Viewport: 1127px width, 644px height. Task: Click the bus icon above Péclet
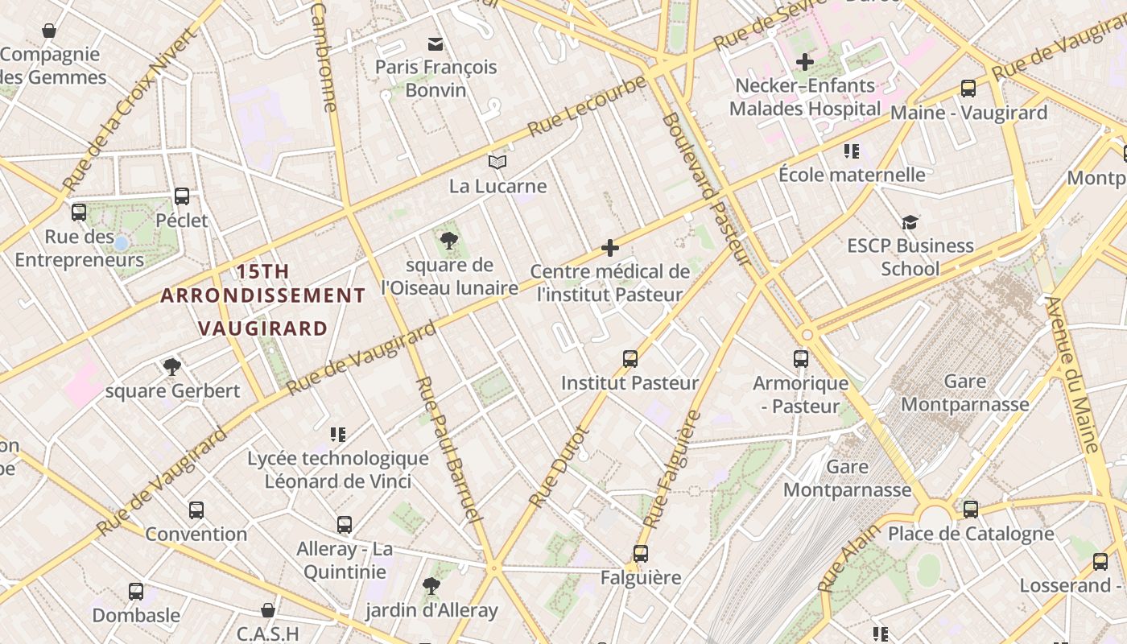[x=182, y=196]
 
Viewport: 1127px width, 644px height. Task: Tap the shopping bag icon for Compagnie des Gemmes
[x=49, y=31]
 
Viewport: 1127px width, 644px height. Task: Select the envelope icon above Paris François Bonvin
[x=436, y=43]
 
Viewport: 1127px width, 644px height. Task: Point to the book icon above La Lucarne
[x=497, y=163]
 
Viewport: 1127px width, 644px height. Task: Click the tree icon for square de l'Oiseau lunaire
[x=449, y=240]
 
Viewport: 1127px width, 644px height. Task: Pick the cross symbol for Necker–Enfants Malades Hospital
[x=804, y=61]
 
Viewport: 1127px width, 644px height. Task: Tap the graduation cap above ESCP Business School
[x=910, y=221]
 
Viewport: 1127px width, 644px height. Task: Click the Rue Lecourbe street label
[x=587, y=106]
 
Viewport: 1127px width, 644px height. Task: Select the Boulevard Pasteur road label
[x=706, y=189]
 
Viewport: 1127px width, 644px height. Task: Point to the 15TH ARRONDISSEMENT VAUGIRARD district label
[x=262, y=299]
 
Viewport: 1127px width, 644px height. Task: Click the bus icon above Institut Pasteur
[x=630, y=358]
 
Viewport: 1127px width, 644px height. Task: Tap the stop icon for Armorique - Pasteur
[x=800, y=359]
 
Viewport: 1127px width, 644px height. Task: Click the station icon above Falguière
[x=641, y=554]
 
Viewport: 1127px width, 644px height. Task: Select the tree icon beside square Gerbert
[x=171, y=367]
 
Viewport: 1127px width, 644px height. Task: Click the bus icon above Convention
[x=196, y=510]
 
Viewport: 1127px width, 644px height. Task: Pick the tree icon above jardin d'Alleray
[x=431, y=585]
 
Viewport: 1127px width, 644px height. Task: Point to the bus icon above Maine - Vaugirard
[x=968, y=89]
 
